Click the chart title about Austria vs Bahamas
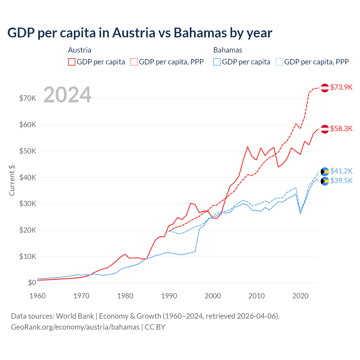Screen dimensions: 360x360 (x=139, y=33)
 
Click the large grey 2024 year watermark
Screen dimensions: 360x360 (x=67, y=95)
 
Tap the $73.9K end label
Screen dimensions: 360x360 (x=341, y=87)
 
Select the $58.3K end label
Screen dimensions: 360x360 (x=341, y=129)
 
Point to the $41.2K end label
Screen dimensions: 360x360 (x=341, y=171)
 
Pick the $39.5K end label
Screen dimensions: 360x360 (x=341, y=181)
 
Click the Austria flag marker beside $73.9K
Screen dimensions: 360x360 (x=325, y=88)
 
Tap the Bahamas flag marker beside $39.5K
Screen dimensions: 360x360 (x=325, y=181)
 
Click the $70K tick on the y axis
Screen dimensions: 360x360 (x=28, y=98)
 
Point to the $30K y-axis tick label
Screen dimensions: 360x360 (x=28, y=204)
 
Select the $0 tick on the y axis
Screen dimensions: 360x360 (x=32, y=283)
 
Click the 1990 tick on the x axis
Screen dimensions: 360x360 (x=169, y=296)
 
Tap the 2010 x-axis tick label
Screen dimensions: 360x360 (x=256, y=296)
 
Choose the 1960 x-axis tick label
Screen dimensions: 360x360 (x=38, y=296)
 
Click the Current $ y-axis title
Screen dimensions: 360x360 (x=12, y=181)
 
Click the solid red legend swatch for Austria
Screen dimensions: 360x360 (x=72, y=62)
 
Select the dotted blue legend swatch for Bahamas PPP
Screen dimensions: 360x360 (x=279, y=62)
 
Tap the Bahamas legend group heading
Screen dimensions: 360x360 (x=228, y=50)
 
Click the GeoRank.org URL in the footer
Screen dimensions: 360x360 (x=75, y=327)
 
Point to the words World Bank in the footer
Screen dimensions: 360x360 (x=75, y=316)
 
